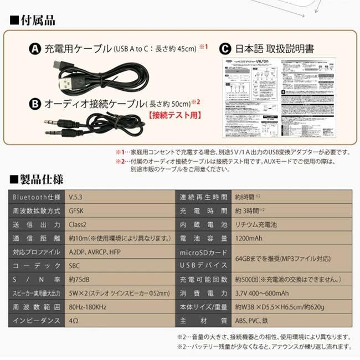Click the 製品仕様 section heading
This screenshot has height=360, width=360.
pos(37,180)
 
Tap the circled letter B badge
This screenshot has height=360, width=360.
pos(35,103)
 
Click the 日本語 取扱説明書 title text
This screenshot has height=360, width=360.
pos(274,49)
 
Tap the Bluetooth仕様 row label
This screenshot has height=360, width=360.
pos(33,198)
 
